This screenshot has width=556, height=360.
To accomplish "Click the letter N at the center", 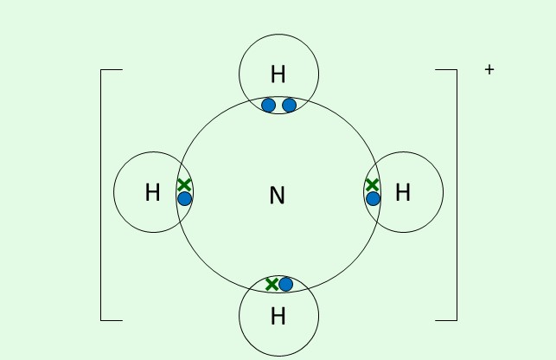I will [277, 196].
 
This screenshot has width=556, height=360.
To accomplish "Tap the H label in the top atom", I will [278, 74].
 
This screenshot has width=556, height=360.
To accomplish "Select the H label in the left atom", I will [153, 193].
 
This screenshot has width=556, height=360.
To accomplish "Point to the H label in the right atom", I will [403, 193].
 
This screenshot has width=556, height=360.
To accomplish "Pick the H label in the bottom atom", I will [278, 317].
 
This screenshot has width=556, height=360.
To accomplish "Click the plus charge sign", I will [489, 69].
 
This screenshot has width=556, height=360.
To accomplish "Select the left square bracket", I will [102, 195].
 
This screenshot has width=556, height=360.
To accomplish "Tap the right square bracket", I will [456, 195].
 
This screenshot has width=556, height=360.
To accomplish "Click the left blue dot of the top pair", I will [268, 106].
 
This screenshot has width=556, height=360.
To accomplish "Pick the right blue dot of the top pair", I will [290, 106].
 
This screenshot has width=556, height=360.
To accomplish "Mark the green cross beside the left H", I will [183, 184].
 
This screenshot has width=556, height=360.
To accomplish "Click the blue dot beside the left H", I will [184, 198].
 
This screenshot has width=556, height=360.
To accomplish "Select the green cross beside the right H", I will [372, 184].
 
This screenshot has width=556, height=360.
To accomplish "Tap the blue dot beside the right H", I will [373, 198].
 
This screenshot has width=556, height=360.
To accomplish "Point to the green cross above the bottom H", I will [272, 284].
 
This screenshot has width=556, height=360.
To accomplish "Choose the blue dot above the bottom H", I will [286, 284].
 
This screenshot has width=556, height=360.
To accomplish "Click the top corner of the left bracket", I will [102, 69].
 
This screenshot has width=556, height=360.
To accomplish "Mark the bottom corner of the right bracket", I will [456, 320].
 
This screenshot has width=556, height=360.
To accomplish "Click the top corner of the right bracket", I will [456, 69].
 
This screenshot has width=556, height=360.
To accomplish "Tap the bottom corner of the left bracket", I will [102, 320].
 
